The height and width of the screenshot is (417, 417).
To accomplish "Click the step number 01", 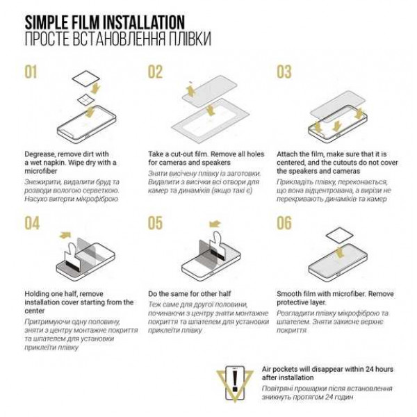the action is pos(31,72).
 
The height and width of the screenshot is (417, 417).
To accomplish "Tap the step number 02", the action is pos(155,72).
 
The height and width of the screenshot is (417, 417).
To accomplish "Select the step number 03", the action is pos(284,72).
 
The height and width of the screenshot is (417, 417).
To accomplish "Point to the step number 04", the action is pos(32,223).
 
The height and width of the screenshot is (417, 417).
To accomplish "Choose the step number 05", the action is pos(155,223).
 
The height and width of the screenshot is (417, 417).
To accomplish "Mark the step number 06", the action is pos(284,223).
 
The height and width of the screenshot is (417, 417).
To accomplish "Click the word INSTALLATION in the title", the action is pos(144,22).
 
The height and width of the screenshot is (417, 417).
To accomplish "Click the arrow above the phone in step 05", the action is pos(215,224).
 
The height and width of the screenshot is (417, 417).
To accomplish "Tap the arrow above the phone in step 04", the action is pos(65,235).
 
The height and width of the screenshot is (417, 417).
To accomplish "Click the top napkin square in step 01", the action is pos(86,79).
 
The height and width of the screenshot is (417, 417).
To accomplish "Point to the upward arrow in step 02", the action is pos(190,90).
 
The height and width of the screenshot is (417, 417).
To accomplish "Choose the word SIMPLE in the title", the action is pos(47,22).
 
